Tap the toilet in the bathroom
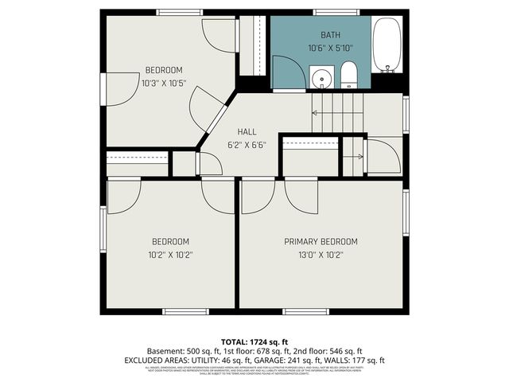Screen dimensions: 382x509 pos(348,76)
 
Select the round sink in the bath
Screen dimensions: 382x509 pos(322,79)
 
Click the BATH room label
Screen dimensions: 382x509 pos(330,35)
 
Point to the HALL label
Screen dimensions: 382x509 pos(247,132)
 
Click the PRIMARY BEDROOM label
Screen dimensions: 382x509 pos(321,241)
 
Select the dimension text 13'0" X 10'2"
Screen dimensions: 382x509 pos(321,255)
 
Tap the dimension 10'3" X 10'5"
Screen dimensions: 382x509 pos(164,83)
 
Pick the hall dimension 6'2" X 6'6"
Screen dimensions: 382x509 pos(247,145)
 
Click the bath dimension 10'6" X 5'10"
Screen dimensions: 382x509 pos(330,48)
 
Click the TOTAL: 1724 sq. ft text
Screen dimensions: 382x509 pos(254,340)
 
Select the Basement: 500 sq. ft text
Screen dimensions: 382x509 pos(181,350)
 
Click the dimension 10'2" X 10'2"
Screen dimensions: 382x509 pos(171,255)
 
